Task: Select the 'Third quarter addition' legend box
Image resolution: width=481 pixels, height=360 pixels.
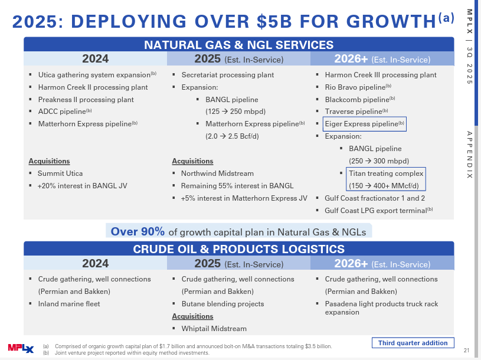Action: [x=413, y=343]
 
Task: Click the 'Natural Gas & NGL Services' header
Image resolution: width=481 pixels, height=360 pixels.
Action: [x=238, y=45]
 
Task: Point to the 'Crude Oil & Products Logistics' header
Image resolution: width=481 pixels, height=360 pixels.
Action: [x=238, y=249]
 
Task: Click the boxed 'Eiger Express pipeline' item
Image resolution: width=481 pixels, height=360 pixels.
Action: [x=365, y=124]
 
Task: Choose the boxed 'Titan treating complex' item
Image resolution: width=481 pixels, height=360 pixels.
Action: [x=386, y=174]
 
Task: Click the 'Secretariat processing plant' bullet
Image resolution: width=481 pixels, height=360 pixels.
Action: [x=227, y=75]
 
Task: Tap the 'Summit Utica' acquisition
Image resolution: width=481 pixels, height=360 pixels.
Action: [x=60, y=174]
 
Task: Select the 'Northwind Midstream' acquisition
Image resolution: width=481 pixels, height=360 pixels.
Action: [x=217, y=174]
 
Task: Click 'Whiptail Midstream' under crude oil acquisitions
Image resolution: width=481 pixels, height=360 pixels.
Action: [x=214, y=328]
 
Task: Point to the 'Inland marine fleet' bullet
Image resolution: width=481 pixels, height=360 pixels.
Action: [x=69, y=304]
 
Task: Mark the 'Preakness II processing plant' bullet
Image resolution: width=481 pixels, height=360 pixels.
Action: [x=86, y=100]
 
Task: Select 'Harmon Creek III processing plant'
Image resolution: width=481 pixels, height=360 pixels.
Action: [x=381, y=75]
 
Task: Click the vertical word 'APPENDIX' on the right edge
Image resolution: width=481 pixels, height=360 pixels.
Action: [x=469, y=155]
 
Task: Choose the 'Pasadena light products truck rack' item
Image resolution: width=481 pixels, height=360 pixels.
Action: [x=381, y=304]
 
